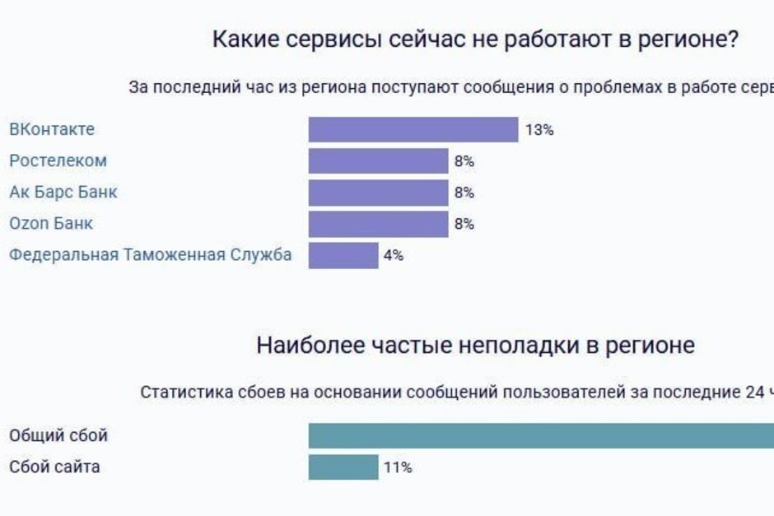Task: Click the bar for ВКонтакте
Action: click(x=413, y=129)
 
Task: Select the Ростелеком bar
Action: click(x=378, y=160)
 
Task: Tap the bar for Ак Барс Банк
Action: click(x=378, y=192)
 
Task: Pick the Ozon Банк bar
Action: click(x=378, y=223)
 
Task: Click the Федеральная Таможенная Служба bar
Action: click(x=343, y=255)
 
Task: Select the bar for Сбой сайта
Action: click(x=343, y=467)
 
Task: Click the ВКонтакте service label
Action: click(x=52, y=129)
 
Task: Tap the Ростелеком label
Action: click(x=58, y=160)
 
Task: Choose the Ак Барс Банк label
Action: click(x=63, y=192)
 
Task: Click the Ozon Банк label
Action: click(x=51, y=223)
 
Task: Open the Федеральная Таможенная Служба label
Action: click(x=150, y=255)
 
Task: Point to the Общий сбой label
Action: click(x=58, y=435)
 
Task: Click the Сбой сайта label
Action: click(x=54, y=467)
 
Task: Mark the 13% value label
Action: click(x=539, y=129)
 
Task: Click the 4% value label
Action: click(x=394, y=255)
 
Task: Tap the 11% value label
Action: click(x=398, y=467)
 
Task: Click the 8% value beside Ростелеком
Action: click(x=464, y=160)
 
